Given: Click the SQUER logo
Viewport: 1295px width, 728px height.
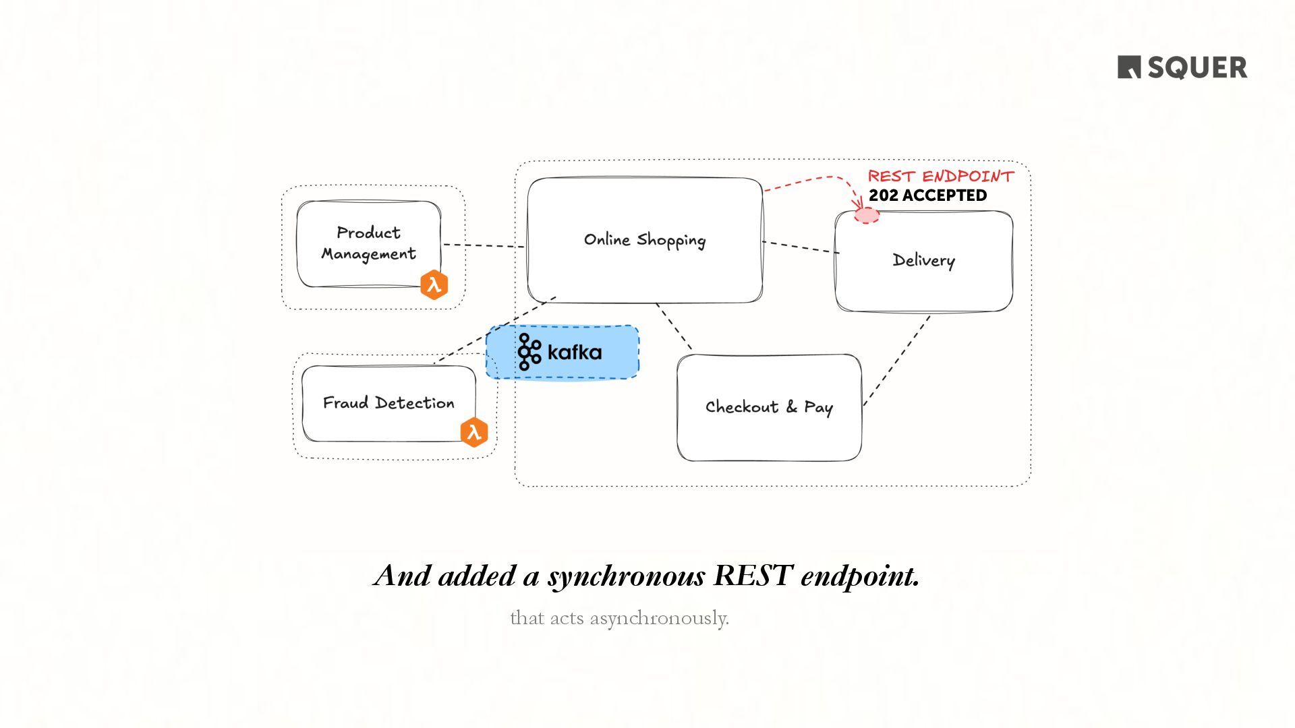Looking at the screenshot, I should [1182, 67].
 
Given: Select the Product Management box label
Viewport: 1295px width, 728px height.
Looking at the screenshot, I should [368, 243].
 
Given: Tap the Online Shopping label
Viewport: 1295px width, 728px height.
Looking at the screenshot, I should [644, 240].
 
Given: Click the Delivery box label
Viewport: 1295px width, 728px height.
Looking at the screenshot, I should [923, 260].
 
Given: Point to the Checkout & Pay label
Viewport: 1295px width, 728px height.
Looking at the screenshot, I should [769, 407].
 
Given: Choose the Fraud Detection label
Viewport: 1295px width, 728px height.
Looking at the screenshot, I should [388, 403].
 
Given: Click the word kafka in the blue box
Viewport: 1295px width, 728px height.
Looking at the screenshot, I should [575, 352].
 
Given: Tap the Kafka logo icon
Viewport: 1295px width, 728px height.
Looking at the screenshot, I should [529, 352].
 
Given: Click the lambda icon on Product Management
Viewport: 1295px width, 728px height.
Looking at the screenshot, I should [434, 284].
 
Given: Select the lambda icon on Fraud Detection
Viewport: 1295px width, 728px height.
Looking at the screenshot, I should [474, 432].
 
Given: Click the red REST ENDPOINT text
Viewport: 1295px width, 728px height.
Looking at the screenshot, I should [940, 177].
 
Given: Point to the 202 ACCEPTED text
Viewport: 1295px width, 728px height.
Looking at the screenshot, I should [927, 195].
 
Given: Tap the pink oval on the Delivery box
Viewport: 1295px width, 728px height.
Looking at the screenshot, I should [867, 216].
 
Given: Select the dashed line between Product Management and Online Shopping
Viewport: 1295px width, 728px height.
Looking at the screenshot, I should [483, 245].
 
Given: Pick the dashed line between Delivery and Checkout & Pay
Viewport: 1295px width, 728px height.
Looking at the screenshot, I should [897, 360].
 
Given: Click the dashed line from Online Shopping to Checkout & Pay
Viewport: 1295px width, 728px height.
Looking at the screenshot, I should [674, 326].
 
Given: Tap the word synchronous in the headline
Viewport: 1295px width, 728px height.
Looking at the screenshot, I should [627, 577].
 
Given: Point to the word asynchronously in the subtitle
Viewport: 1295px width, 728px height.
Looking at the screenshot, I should [659, 618].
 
